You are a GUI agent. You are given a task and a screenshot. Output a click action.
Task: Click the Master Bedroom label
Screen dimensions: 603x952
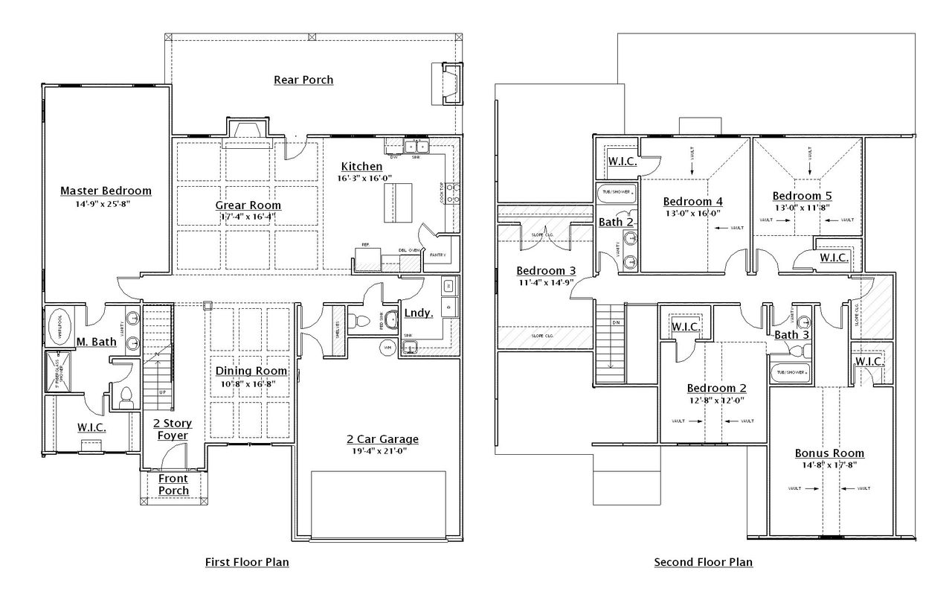[106, 191]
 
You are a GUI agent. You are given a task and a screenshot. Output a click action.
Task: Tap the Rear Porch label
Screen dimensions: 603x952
[303, 80]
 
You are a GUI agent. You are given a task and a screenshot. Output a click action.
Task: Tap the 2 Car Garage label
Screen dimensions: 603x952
[382, 439]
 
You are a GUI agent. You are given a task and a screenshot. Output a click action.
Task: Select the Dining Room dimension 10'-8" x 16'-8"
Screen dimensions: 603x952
[251, 383]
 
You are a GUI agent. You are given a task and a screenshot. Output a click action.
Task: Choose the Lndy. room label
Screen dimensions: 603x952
[419, 313]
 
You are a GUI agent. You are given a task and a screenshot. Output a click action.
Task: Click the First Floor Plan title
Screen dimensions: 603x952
[247, 562]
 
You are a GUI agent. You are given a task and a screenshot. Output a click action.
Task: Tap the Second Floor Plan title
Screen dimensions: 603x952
[703, 562]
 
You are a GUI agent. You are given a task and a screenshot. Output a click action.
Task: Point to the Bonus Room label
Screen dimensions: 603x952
[829, 453]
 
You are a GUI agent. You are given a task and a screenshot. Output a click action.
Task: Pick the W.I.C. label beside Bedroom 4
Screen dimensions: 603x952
[622, 161]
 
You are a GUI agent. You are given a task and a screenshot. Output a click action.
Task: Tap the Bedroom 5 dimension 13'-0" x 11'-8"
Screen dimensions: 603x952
[802, 208]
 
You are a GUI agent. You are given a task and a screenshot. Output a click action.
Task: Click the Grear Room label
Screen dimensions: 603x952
[248, 205]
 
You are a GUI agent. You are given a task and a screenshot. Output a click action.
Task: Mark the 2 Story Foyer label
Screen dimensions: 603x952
[173, 429]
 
